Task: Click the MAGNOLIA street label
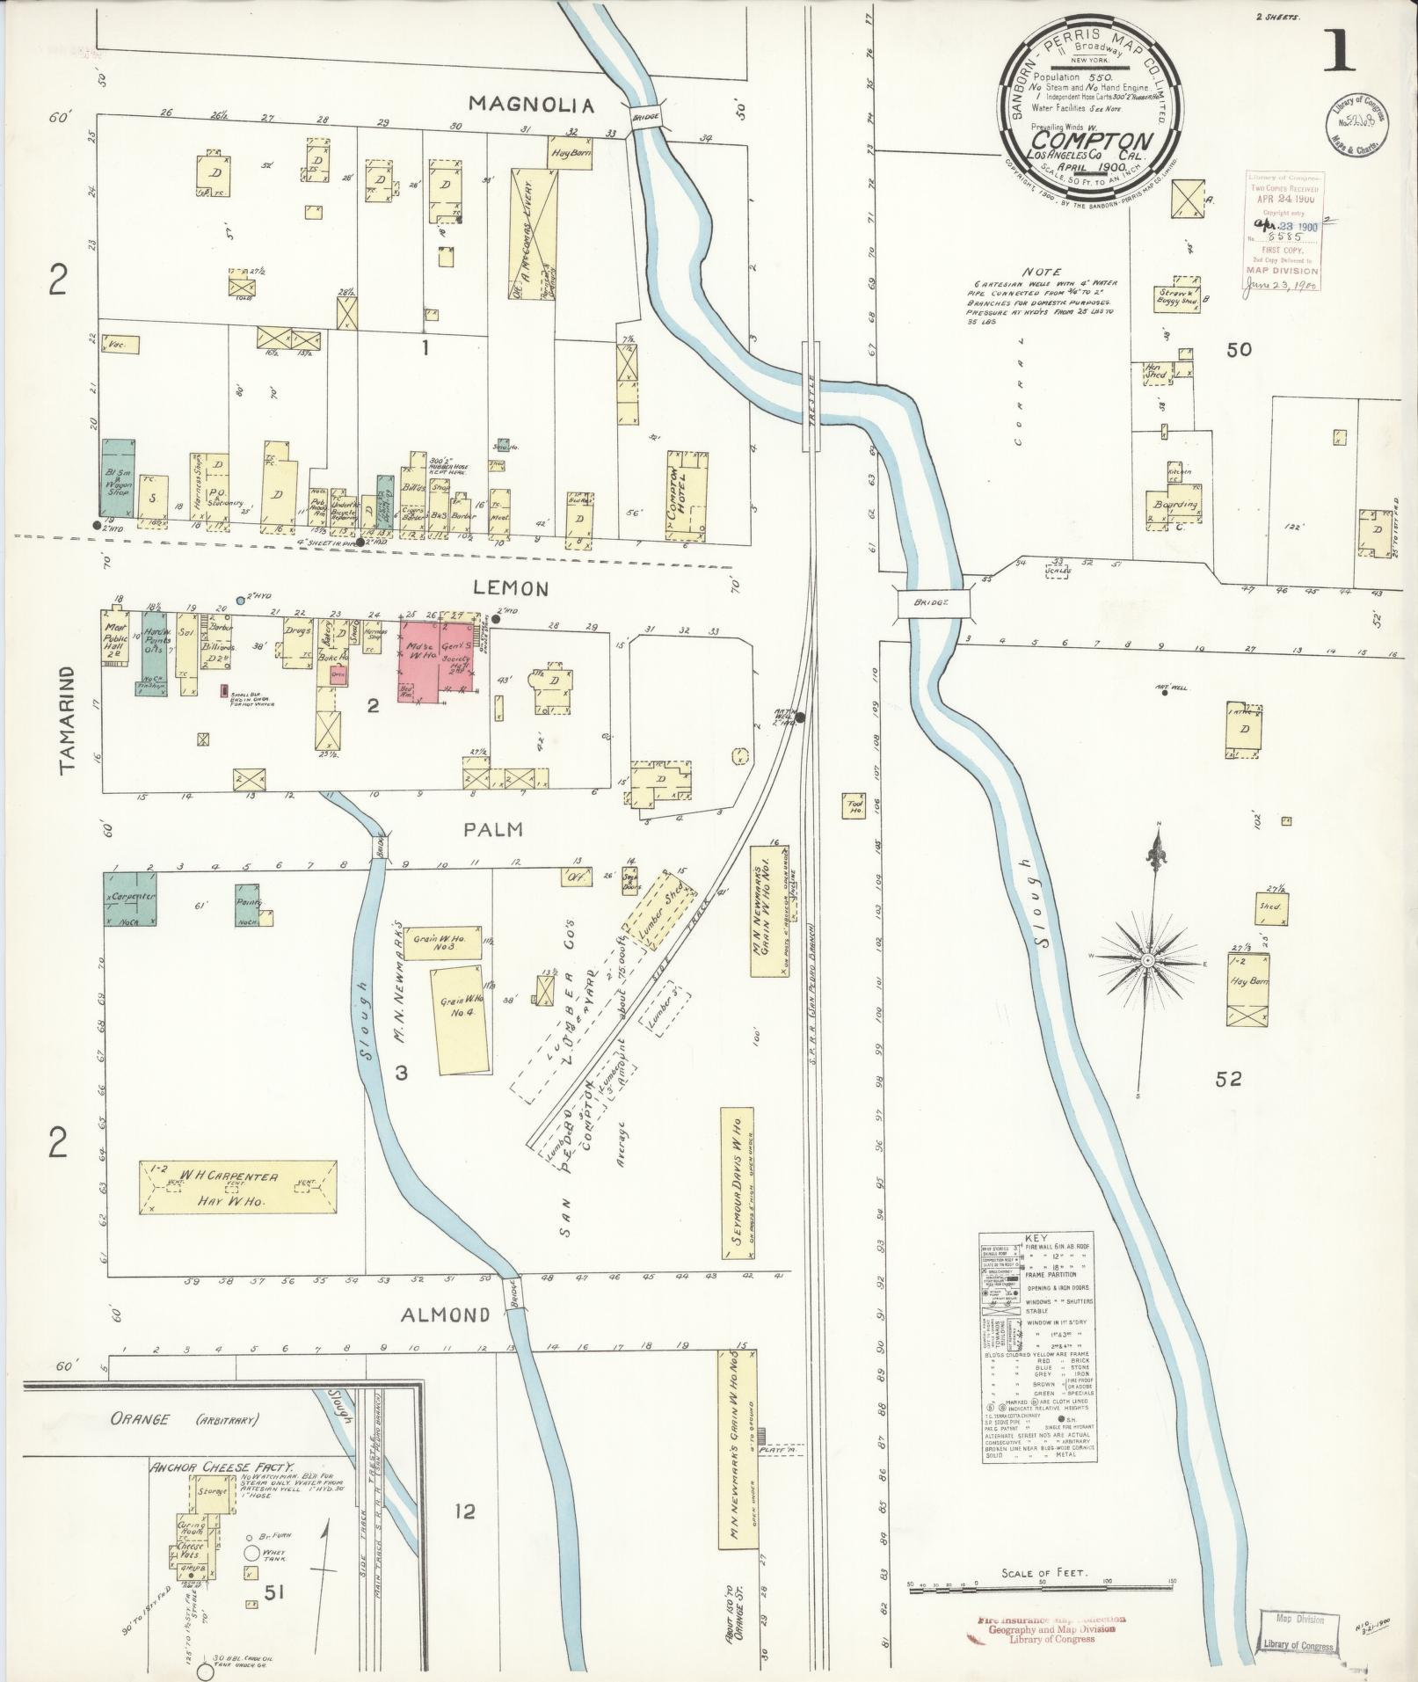click(531, 105)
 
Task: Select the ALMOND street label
click(445, 1314)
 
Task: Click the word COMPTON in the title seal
click(1092, 141)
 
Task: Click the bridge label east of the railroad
click(934, 603)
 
